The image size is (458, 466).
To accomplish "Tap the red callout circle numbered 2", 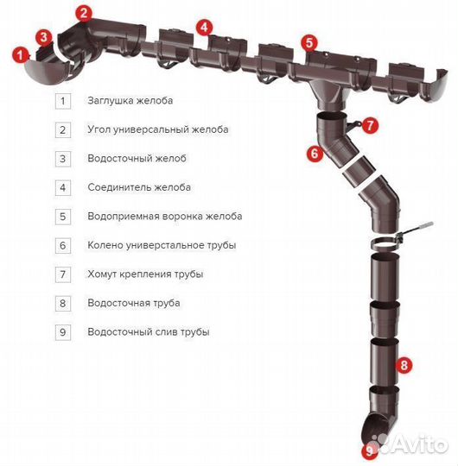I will coord(83,12).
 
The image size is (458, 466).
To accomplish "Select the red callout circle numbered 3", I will coord(44,36).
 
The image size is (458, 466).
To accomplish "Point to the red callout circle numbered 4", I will coord(203,27).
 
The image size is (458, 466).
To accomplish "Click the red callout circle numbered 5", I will coord(310,41).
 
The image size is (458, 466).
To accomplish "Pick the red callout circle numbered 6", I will coord(314,154).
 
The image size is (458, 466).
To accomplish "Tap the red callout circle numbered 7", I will coord(371,125).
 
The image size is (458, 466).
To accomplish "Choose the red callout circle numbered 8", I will coord(402,365).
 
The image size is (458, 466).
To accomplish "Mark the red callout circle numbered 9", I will coord(371,450).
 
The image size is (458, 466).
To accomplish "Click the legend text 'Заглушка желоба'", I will coord(130,101).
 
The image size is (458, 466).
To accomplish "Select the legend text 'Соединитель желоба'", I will coord(138,187).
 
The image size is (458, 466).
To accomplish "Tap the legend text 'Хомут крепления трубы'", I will coord(145,274).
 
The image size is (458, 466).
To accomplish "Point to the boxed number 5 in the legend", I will coord(62,217).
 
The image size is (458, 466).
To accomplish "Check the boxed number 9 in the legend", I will coord(62,331).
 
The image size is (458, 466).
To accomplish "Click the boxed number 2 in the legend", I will coord(62,130).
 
